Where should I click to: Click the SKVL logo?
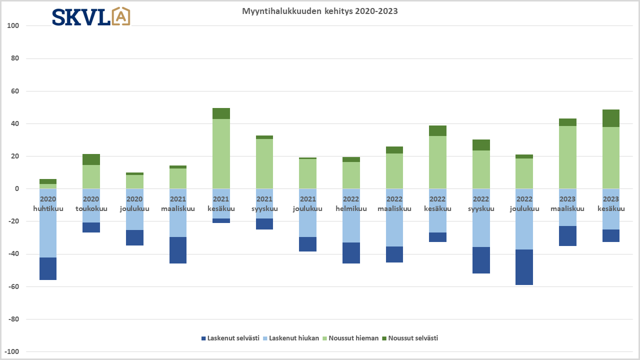click(x=91, y=16)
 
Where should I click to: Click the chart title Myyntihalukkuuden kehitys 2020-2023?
click(x=320, y=11)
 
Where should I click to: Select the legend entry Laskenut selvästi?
click(x=230, y=338)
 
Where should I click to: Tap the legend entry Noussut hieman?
click(x=349, y=338)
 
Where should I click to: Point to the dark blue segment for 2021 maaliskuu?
click(x=178, y=250)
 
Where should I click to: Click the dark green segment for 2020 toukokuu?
click(x=91, y=159)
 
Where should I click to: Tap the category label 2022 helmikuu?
click(x=351, y=204)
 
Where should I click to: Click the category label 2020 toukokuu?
click(x=91, y=204)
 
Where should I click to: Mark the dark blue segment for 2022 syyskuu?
click(x=481, y=260)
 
